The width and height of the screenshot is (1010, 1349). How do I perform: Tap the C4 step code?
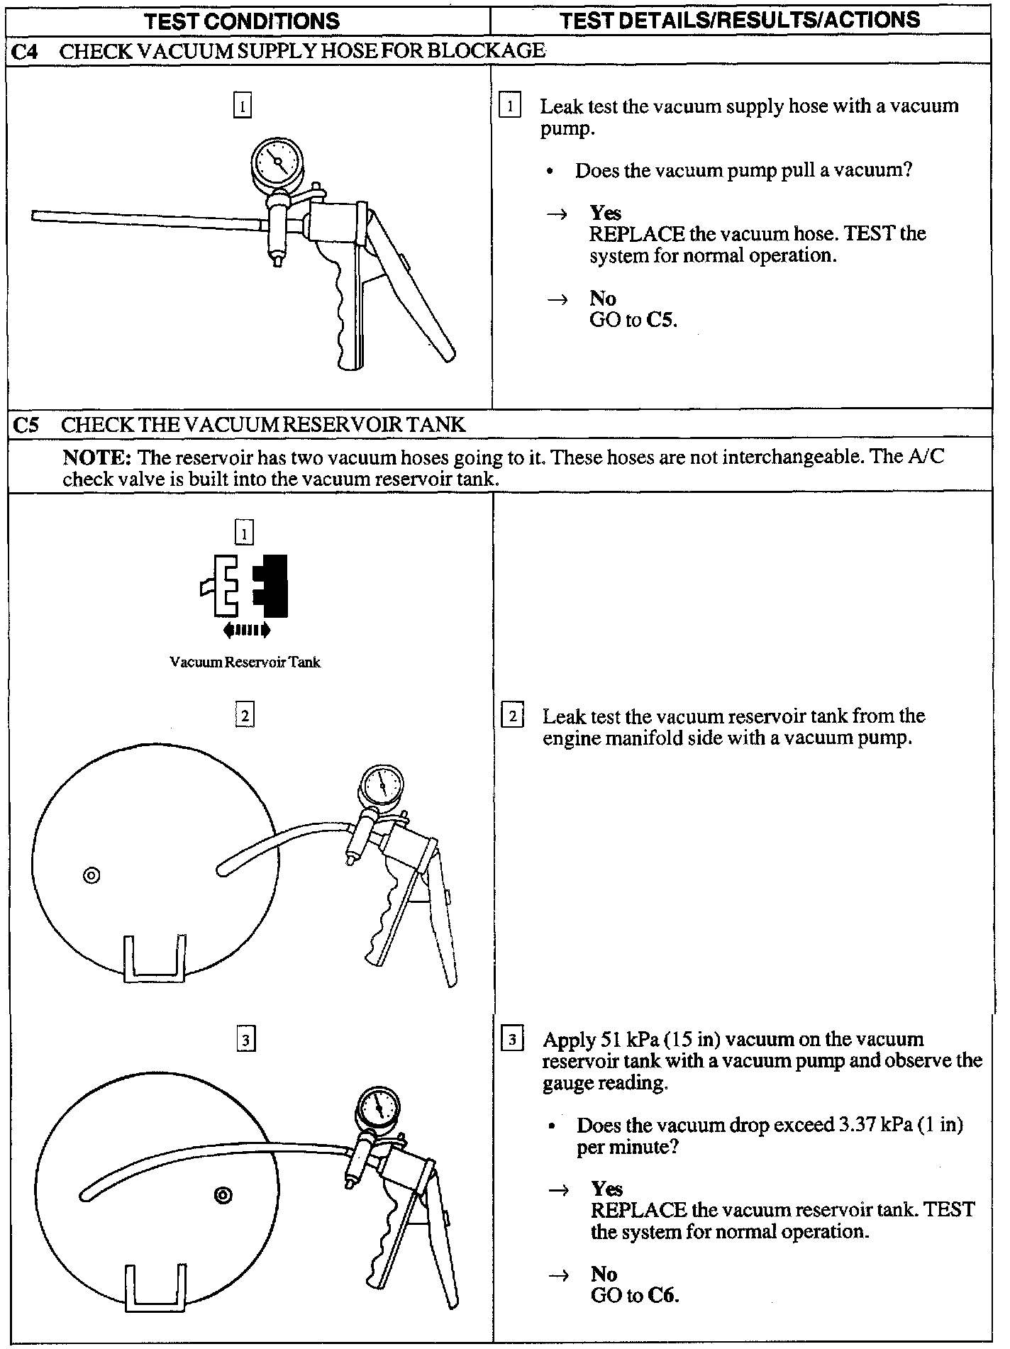point(26,51)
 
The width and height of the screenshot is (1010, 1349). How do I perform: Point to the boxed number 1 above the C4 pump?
point(243,107)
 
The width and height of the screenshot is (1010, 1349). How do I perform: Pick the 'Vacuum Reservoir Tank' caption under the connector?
point(245,662)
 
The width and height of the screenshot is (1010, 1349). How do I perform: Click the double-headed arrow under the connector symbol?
point(246,629)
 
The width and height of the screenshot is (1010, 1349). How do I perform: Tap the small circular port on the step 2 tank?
point(91,875)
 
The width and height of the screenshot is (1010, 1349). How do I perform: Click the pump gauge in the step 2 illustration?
point(381,784)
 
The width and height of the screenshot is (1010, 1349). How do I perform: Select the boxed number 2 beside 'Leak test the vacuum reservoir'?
point(512,716)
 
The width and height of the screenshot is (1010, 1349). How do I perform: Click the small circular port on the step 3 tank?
point(223,1196)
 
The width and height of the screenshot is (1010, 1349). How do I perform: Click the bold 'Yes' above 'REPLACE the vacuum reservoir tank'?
point(606,1189)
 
